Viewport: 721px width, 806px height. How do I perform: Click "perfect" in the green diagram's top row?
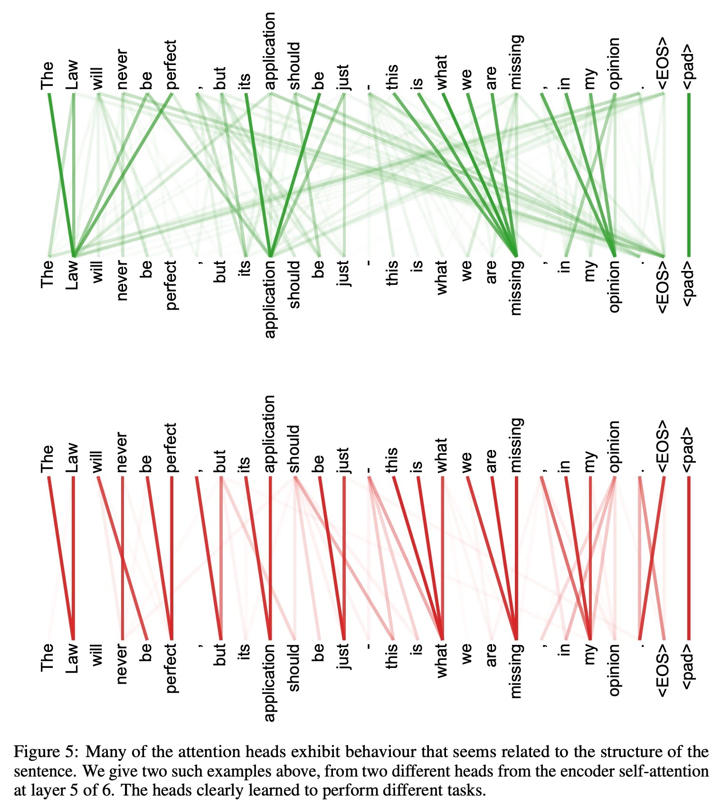point(171,65)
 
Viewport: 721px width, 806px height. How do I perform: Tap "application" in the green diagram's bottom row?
point(270,299)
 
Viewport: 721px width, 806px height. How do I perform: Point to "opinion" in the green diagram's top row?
point(614,64)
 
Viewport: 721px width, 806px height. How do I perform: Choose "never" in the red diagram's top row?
point(122,452)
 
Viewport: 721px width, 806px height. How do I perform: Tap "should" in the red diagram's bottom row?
point(294,667)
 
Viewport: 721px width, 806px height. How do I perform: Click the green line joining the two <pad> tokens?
point(689,176)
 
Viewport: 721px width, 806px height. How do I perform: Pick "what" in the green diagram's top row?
point(442,72)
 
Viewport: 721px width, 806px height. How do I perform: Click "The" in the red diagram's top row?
point(47,459)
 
